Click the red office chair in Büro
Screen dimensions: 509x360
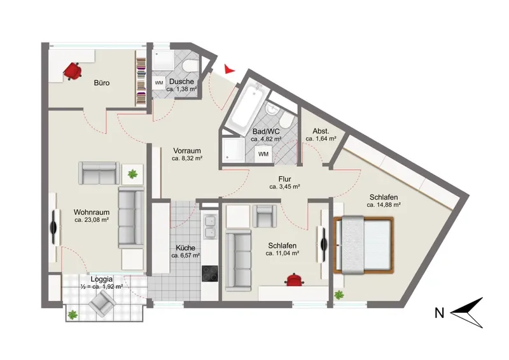click(73, 71)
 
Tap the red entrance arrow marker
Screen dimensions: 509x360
click(229, 69)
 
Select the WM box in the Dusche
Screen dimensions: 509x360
click(158, 83)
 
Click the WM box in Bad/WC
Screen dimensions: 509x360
click(263, 154)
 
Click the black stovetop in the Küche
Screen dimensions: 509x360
click(210, 273)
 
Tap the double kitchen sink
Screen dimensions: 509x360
click(210, 226)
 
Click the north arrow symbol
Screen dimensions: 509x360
click(468, 312)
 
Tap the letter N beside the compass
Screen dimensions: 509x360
click(439, 314)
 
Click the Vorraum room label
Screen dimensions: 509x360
click(187, 151)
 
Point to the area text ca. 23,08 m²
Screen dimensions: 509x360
click(92, 220)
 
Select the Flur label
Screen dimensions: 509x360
click(284, 179)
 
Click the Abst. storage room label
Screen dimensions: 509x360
click(321, 132)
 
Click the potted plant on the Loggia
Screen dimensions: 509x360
click(73, 314)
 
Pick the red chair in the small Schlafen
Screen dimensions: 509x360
click(294, 279)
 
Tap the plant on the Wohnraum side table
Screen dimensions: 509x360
click(132, 174)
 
